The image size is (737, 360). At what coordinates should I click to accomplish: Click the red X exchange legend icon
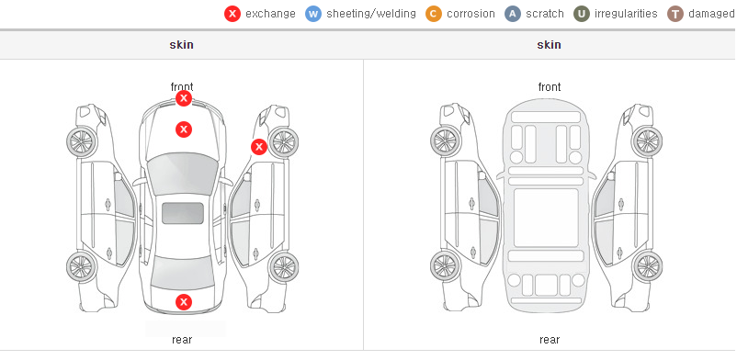click(232, 14)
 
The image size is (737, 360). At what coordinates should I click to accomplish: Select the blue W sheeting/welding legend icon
click(313, 14)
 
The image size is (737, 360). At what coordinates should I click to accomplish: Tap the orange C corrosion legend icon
click(434, 14)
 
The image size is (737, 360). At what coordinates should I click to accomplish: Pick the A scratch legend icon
click(513, 14)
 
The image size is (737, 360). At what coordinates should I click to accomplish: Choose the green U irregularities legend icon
click(582, 14)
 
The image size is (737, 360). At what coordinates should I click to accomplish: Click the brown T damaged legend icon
click(675, 14)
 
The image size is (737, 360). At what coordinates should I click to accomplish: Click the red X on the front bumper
click(184, 98)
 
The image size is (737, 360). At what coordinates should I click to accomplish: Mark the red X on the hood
click(184, 129)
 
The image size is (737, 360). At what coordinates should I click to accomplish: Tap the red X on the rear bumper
click(184, 302)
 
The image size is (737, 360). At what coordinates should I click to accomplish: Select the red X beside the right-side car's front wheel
click(258, 147)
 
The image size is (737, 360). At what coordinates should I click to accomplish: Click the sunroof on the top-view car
click(183, 213)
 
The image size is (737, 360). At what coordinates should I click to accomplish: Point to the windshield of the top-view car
click(183, 173)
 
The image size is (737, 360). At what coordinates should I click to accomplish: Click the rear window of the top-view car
click(183, 273)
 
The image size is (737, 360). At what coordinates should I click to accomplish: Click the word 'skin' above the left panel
click(181, 45)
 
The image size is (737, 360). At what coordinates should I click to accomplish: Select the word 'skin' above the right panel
click(549, 45)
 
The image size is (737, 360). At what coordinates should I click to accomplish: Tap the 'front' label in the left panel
click(182, 87)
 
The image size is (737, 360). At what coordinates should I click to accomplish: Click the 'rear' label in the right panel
click(550, 340)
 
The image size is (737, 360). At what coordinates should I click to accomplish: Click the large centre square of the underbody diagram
click(546, 218)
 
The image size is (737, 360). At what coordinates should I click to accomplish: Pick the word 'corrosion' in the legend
click(471, 14)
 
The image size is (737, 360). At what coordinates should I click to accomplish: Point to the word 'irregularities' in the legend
click(626, 14)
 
